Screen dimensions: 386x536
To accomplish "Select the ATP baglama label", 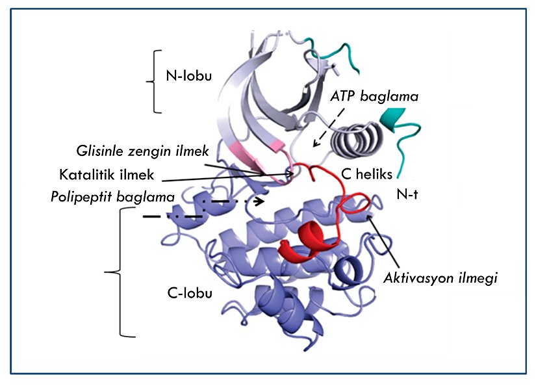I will click(374, 96).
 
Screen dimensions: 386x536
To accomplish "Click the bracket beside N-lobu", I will click(154, 81).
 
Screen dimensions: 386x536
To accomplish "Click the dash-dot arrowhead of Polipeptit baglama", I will click(261, 201).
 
